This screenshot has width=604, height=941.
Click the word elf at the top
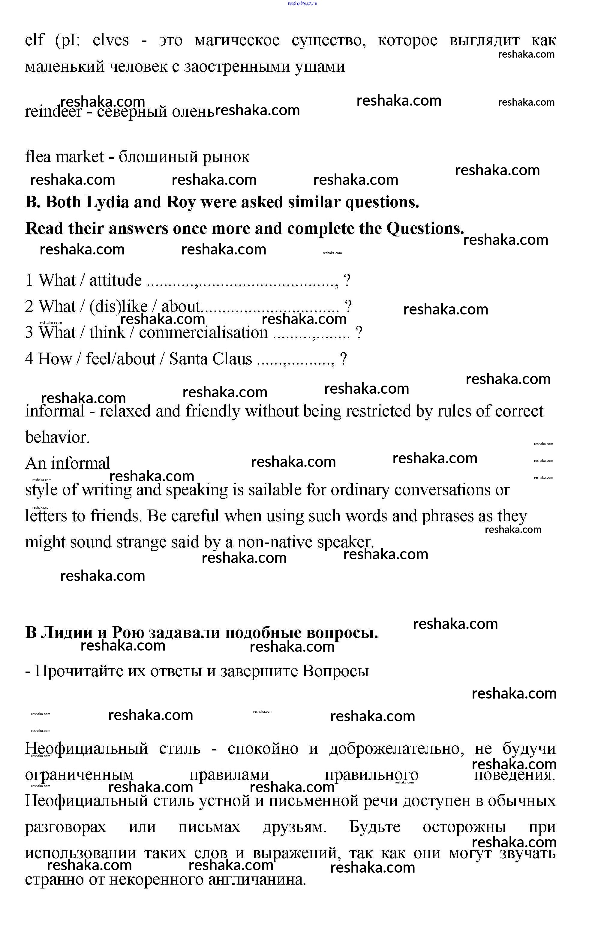coord(35,40)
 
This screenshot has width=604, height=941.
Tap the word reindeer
coord(53,112)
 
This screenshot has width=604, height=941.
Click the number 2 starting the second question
coord(29,306)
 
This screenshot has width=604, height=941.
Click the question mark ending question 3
coord(359,333)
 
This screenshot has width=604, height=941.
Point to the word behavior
coord(57,437)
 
